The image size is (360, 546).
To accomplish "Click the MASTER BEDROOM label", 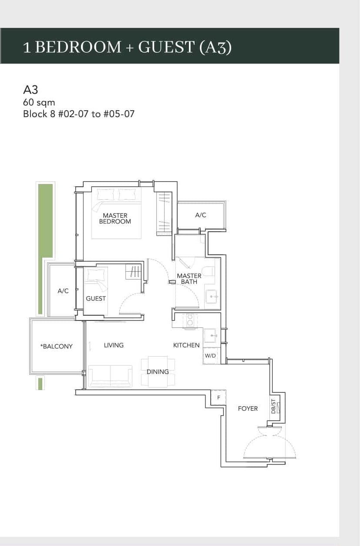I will [115, 218].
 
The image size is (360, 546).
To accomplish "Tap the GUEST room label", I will [96, 298].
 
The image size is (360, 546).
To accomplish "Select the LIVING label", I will [114, 345].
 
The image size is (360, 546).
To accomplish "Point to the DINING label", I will [158, 372].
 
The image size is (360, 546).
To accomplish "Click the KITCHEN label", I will [186, 345].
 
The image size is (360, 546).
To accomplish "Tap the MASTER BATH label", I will [189, 279].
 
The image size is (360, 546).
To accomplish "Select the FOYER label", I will [248, 408].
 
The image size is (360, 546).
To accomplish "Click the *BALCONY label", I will [56, 347].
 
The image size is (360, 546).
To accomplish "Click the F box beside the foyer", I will [219, 398].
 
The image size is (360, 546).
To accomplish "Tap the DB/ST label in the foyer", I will [274, 407].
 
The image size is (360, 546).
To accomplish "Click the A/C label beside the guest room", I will [63, 291].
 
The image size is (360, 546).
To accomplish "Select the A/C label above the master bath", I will [200, 215].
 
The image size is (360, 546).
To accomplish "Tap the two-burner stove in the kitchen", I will [190, 320].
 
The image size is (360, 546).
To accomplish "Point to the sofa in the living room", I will [110, 376].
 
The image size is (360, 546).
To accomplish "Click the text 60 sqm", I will [39, 103].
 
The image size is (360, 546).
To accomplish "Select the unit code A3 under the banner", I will [30, 90].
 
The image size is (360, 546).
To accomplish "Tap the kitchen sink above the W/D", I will [210, 336].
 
